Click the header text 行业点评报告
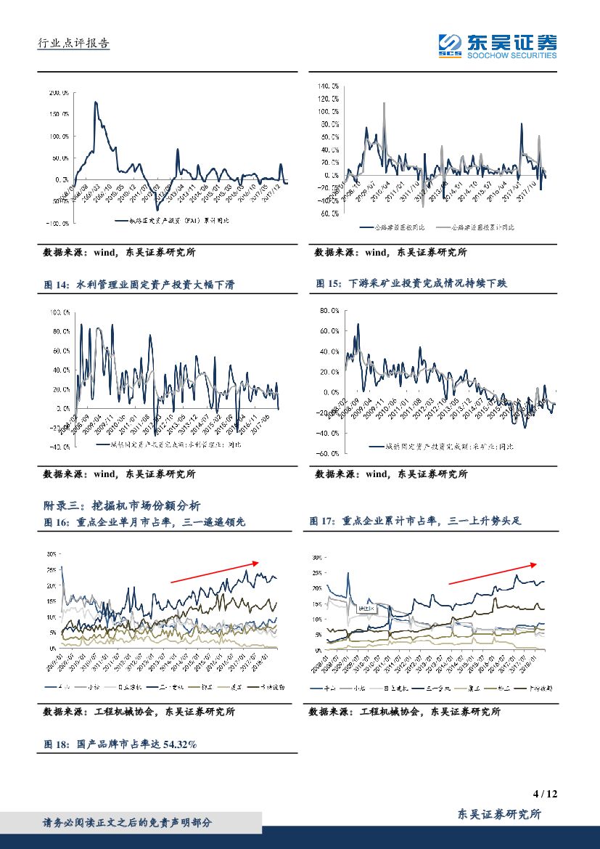(x=73, y=44)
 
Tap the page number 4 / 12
(x=545, y=793)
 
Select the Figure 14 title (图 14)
(x=139, y=285)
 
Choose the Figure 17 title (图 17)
(x=415, y=521)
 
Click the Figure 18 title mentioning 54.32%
(x=120, y=744)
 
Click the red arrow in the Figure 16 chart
(x=215, y=571)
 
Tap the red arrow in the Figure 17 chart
(x=493, y=572)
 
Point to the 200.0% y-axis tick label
(x=59, y=93)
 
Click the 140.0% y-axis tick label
(x=329, y=86)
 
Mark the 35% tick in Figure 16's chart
(x=52, y=553)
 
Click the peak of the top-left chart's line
(x=96, y=102)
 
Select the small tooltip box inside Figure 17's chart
(x=366, y=609)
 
